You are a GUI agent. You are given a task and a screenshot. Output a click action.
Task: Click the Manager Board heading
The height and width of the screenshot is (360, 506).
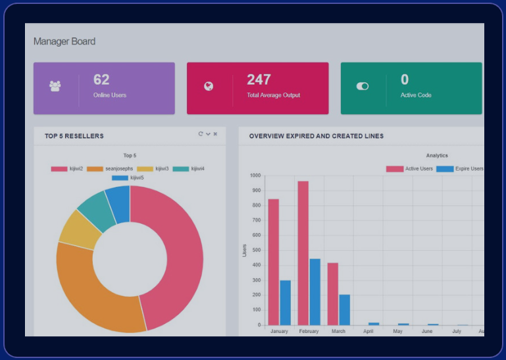click(64, 41)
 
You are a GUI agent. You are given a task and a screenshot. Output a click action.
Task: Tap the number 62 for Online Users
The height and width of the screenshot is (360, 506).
click(101, 80)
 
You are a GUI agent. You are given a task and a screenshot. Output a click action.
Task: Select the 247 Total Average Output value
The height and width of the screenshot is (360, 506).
click(259, 80)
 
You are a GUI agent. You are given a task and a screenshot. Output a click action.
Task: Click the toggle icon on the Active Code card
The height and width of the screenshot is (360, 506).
click(363, 86)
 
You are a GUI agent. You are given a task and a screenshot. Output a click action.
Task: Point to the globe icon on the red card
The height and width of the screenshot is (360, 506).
click(209, 86)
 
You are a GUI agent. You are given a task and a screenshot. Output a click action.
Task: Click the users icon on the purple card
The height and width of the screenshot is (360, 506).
click(55, 86)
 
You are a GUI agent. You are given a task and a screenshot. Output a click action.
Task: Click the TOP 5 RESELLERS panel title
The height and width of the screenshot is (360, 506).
click(74, 136)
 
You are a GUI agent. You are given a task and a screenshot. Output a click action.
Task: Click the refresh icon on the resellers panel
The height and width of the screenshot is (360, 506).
click(201, 134)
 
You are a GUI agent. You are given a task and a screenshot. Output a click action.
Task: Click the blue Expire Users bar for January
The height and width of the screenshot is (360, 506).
click(285, 303)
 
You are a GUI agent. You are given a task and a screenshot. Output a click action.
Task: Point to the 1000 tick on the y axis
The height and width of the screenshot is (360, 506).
click(255, 176)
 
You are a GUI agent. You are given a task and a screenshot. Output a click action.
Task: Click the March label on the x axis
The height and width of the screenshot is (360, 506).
click(338, 331)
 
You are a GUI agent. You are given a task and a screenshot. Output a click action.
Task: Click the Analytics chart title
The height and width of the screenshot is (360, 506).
click(437, 155)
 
